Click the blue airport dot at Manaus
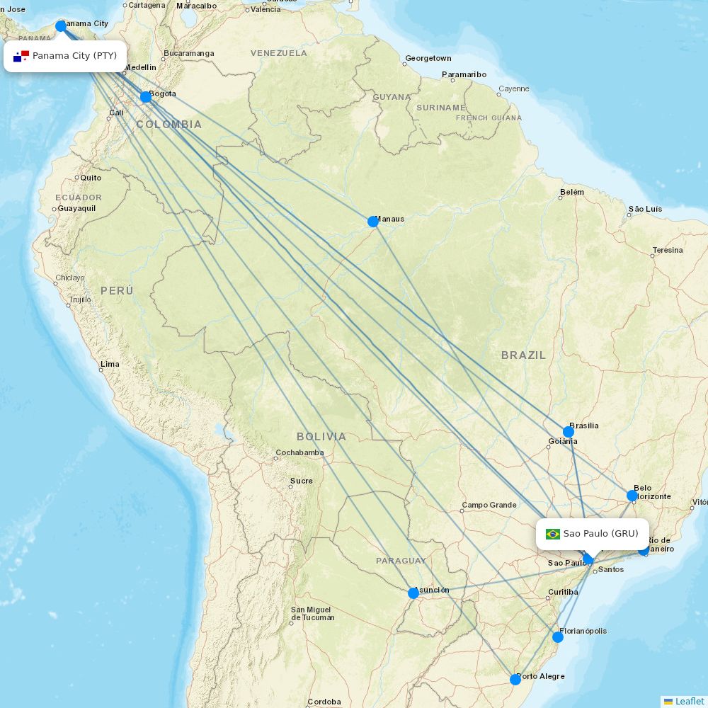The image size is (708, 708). [x=373, y=222]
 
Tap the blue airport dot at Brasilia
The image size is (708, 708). [x=569, y=432]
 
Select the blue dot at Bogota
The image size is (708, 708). [x=146, y=97]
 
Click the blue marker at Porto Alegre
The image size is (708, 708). [x=515, y=680]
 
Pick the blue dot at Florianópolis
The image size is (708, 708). [x=558, y=637]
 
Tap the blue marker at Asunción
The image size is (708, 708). [x=413, y=593]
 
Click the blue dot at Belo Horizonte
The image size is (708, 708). [x=632, y=496]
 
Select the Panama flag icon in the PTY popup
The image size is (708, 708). [x=21, y=56]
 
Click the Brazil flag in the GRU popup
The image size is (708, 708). [x=553, y=534]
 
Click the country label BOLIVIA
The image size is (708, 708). [x=321, y=437]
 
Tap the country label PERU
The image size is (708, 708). [x=117, y=291]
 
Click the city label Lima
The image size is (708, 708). [x=110, y=365]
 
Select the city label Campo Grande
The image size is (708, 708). [x=489, y=506]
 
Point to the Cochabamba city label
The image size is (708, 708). [x=299, y=452]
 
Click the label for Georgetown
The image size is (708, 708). [x=428, y=58]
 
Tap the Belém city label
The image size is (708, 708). [x=572, y=193]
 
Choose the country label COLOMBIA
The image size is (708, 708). [x=169, y=125]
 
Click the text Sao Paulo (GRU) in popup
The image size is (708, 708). [x=600, y=534]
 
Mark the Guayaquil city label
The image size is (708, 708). [x=76, y=209]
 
